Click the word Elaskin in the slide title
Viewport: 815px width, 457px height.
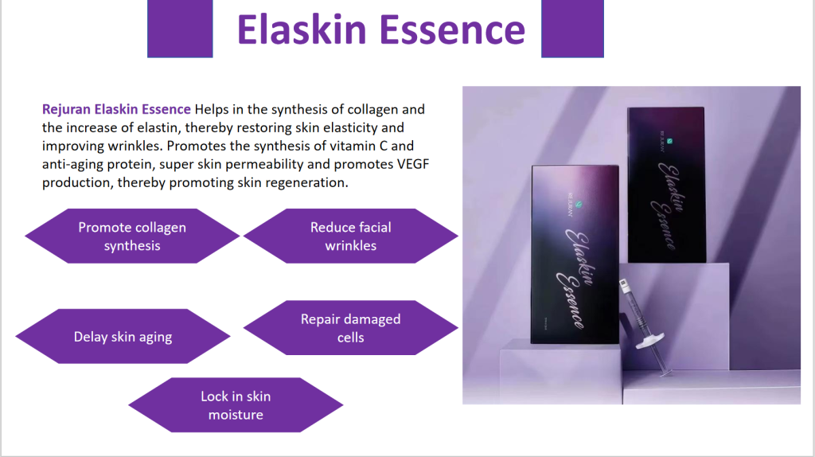tap(302, 29)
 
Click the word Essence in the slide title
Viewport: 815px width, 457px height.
tap(452, 29)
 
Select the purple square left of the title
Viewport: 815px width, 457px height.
tap(180, 29)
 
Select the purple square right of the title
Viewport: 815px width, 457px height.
tap(572, 29)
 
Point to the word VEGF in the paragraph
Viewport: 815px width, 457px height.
tap(413, 164)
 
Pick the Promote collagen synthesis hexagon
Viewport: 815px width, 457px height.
tap(132, 236)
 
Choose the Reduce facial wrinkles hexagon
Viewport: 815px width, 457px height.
tap(351, 236)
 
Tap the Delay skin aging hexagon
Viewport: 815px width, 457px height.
tap(123, 337)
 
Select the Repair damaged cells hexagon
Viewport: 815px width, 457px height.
tap(351, 327)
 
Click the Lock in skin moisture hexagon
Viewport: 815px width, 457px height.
tap(236, 405)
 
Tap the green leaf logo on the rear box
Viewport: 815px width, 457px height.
tap(670, 141)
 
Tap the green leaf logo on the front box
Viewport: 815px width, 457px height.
tap(579, 205)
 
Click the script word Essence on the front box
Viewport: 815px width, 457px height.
tap(570, 300)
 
